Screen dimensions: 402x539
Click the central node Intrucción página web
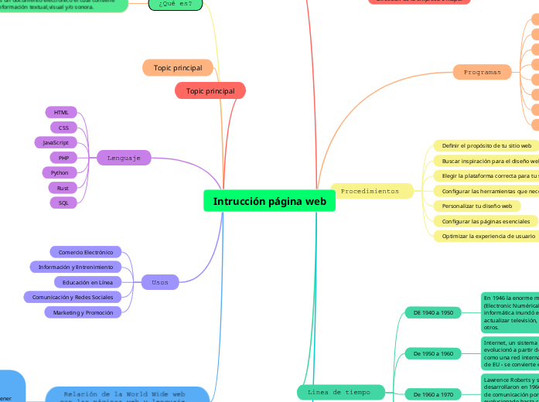click(x=269, y=201)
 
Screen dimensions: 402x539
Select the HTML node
click(x=61, y=112)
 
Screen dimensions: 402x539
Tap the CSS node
click(x=63, y=128)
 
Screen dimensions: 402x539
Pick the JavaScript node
click(x=56, y=142)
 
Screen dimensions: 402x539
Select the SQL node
click(x=63, y=203)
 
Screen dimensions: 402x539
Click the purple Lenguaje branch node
click(x=124, y=158)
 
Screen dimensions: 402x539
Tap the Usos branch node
click(x=160, y=282)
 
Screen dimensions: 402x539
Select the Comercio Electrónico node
click(x=86, y=252)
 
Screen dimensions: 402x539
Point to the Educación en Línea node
click(x=87, y=282)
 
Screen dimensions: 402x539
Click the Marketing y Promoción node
click(x=83, y=312)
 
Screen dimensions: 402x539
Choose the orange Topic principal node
click(x=178, y=68)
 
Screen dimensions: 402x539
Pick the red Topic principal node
click(x=210, y=91)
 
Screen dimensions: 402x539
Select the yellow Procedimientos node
click(x=370, y=190)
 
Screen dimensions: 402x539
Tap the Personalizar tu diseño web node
click(x=476, y=206)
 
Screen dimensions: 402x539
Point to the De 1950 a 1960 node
click(x=433, y=353)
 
